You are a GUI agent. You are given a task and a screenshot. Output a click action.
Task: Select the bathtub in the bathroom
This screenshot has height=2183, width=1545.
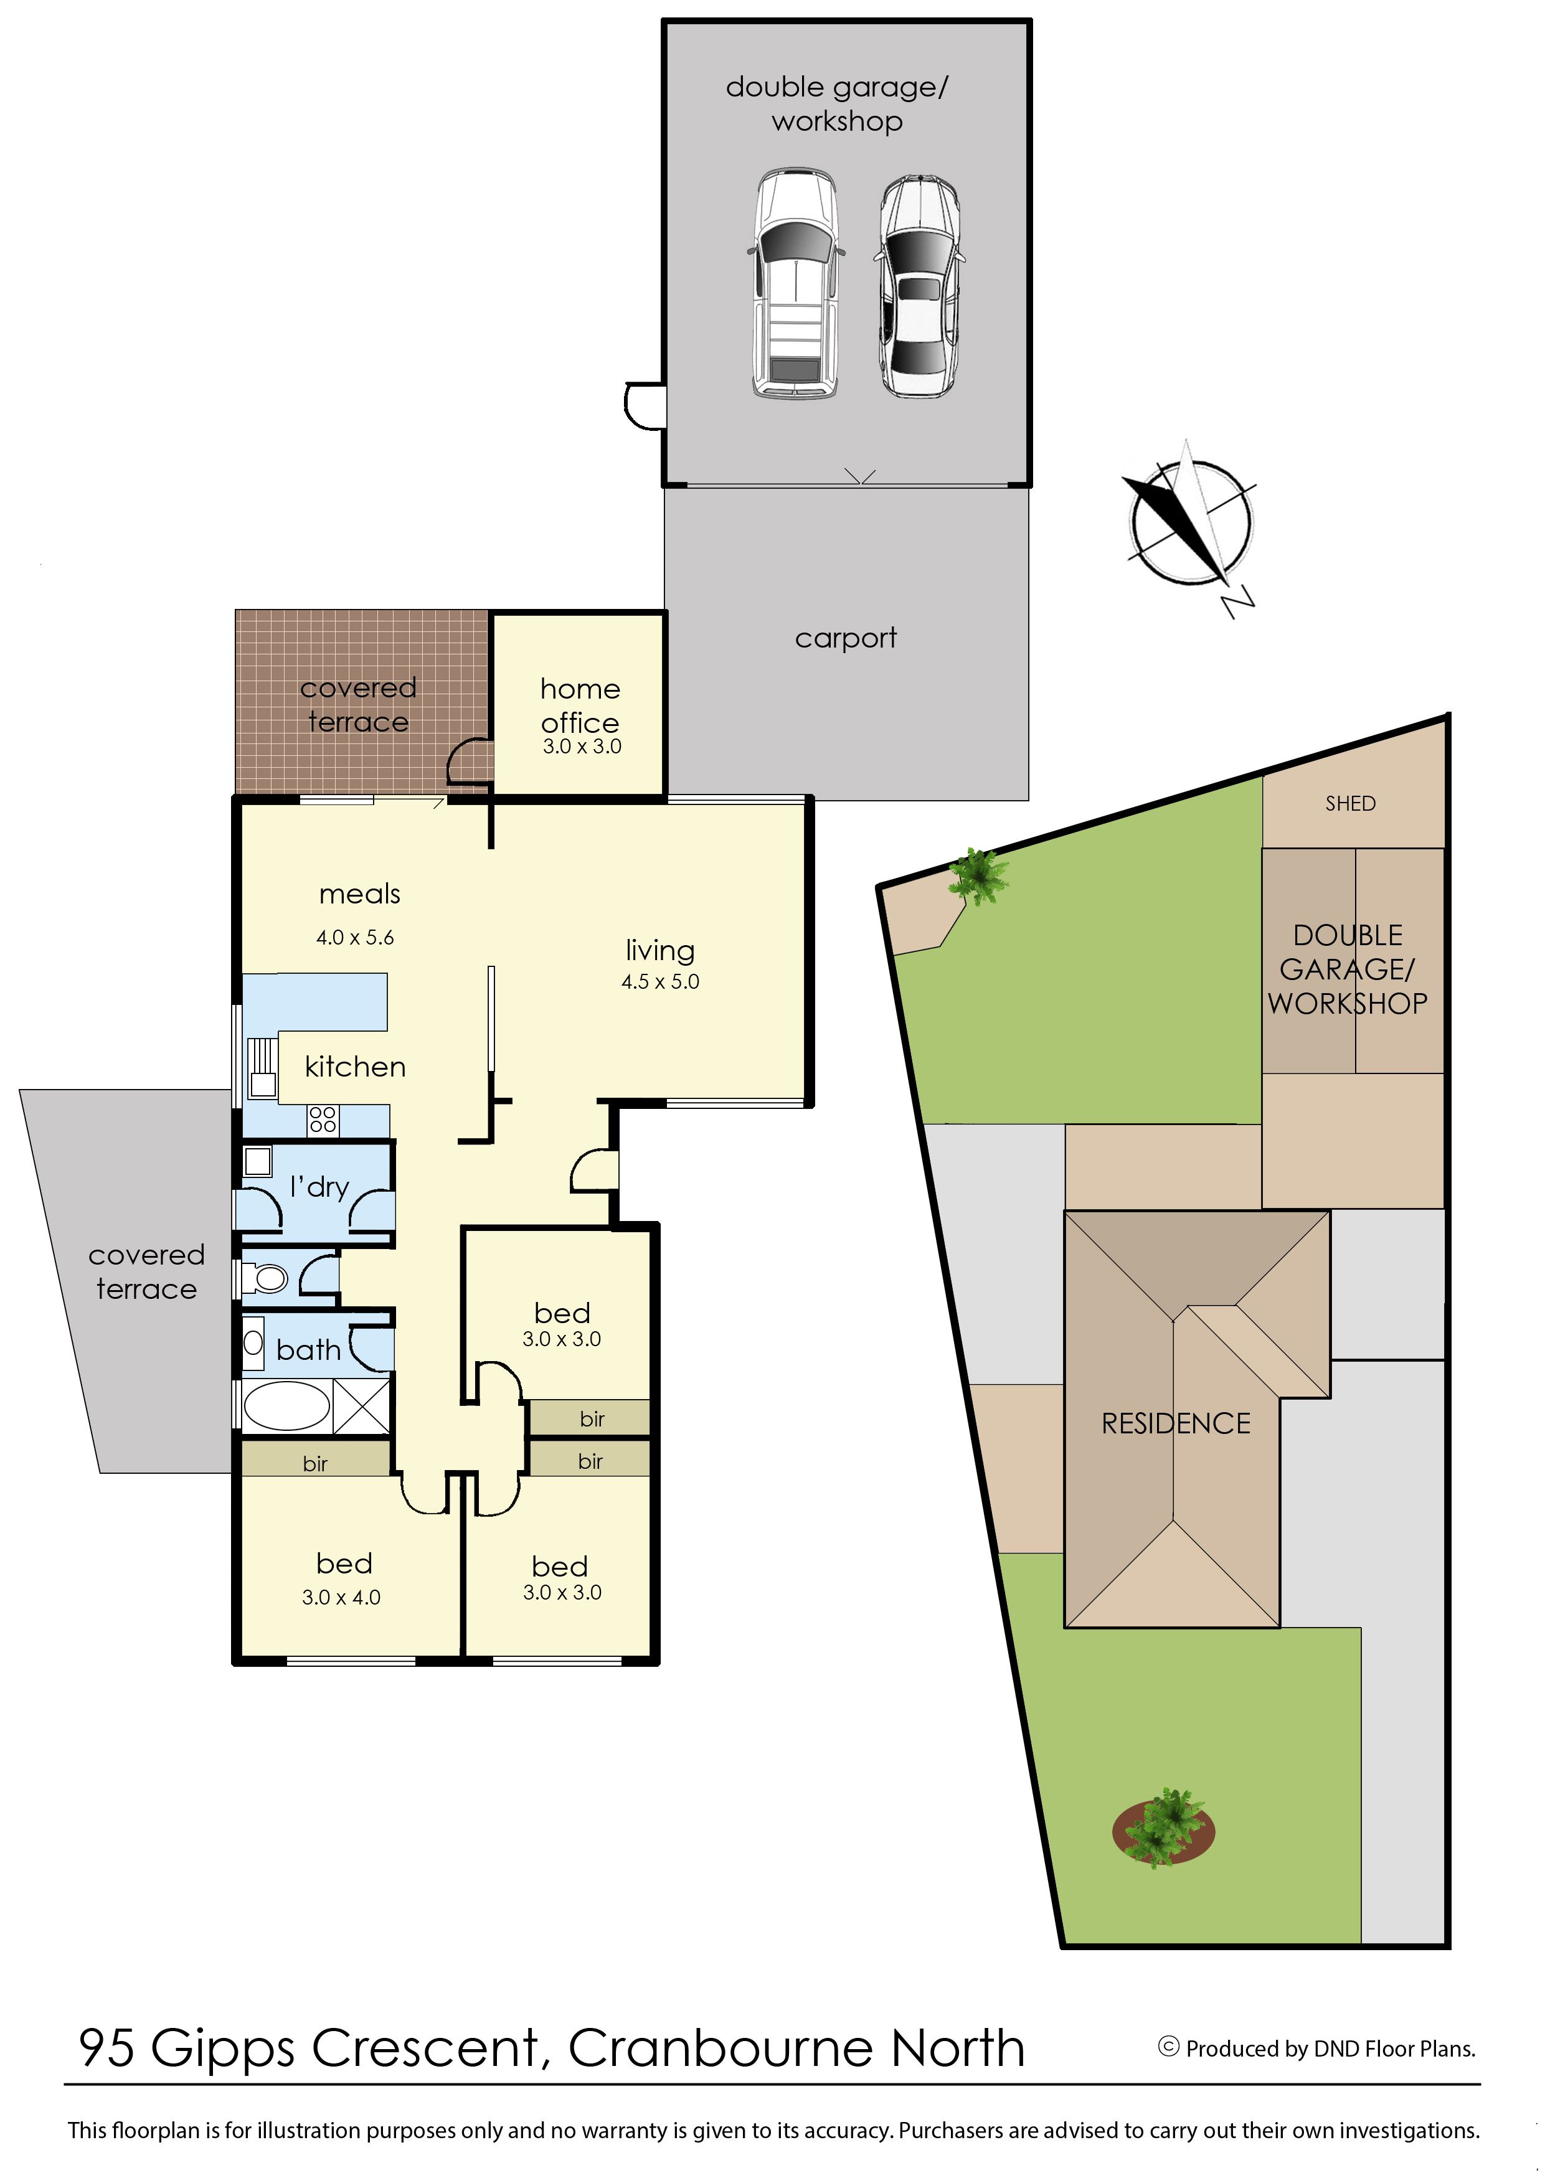[x=286, y=1406]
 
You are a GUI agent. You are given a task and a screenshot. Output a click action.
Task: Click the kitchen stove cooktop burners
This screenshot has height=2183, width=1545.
[x=323, y=1119]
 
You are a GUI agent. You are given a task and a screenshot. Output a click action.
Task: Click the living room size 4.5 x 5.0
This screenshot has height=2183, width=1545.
[x=660, y=982]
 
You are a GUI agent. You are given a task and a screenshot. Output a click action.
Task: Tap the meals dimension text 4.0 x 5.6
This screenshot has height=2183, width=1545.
[x=355, y=937]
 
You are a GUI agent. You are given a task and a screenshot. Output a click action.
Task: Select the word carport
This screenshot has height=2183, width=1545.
[x=846, y=638]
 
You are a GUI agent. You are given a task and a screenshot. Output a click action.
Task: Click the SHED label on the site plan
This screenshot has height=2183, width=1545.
[x=1350, y=804]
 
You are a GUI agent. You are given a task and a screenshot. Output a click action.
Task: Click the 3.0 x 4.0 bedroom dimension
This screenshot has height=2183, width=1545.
[x=341, y=1597]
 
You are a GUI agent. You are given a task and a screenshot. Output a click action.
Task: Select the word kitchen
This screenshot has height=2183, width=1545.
[x=355, y=1067]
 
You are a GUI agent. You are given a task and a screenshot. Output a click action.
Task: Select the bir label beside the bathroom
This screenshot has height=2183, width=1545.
[x=315, y=1464]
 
